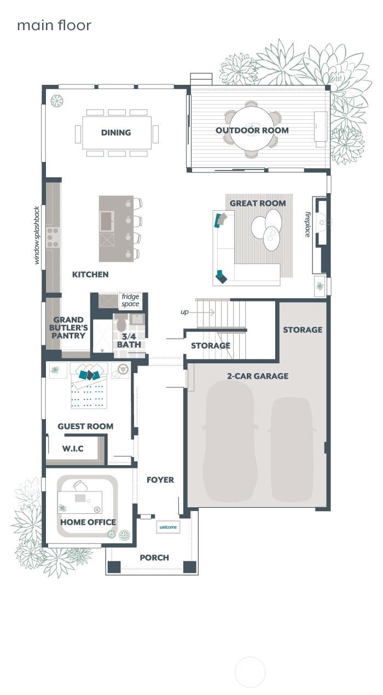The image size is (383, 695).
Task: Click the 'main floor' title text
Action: coord(54,25)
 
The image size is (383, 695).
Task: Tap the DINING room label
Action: coord(116,132)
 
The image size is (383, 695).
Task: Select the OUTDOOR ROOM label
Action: coord(252,130)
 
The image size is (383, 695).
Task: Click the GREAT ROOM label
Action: coord(258,203)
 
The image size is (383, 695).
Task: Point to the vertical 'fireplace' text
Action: coord(308,224)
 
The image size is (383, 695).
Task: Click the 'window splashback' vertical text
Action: coord(37,235)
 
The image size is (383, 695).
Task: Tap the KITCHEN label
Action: coord(90,274)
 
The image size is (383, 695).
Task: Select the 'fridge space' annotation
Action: coord(130,300)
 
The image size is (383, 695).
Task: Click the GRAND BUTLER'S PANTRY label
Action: coord(68,327)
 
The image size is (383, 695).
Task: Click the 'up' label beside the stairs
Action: coord(184,311)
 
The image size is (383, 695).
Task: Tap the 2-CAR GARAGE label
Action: coord(257,376)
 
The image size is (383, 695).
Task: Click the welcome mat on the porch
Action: coord(168,527)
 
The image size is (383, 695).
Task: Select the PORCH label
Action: coord(154,558)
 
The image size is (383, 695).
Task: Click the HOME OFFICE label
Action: coord(88,522)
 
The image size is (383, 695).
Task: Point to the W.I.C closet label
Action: coord(73,449)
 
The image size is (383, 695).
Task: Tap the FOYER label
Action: coord(160,480)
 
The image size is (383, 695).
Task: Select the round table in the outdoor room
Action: coord(251,130)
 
